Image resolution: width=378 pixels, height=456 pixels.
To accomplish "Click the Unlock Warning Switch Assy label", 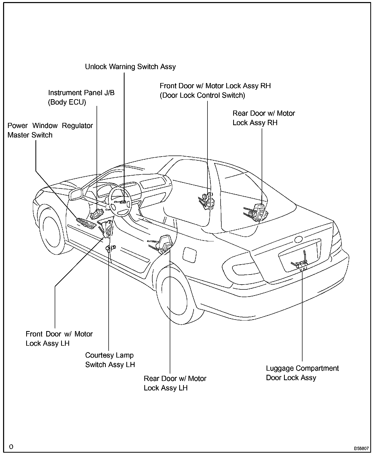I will pos(130,67).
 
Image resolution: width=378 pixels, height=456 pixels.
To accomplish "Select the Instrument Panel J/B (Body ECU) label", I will pos(81,97).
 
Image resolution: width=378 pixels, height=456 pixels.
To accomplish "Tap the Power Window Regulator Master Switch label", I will pos(50,130).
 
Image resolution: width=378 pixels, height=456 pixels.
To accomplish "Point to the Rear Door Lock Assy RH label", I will pos(263,118).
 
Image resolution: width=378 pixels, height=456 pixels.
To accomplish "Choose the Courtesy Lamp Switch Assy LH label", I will pos(110,360).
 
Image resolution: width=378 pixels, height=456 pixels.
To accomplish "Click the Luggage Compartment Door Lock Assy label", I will pos(302,373).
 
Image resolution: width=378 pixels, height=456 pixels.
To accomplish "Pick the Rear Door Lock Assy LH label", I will pos(175,383).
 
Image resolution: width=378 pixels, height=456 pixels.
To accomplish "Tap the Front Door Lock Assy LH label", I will pos(59,339).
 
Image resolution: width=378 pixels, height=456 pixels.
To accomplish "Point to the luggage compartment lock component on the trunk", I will pos(301,264).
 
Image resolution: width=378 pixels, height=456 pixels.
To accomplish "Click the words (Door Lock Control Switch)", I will pos(202,96).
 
